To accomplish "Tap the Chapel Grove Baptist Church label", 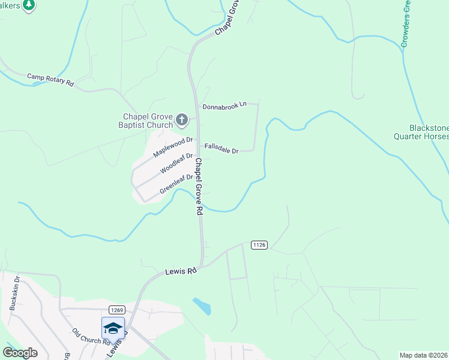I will pyautogui.click(x=148, y=121).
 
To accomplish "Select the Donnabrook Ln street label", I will pyautogui.click(x=224, y=106).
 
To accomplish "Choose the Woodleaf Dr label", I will pyautogui.click(x=176, y=163).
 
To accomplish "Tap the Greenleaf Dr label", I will pyautogui.click(x=176, y=184).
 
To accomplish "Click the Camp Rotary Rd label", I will pyautogui.click(x=50, y=80).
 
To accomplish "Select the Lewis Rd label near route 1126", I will pyautogui.click(x=181, y=272).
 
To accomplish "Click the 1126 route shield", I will pyautogui.click(x=259, y=244).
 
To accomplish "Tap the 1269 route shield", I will pyautogui.click(x=116, y=310).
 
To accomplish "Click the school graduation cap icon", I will pyautogui.click(x=113, y=328).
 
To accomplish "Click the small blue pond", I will pyautogui.click(x=203, y=306).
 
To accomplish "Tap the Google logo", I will pyautogui.click(x=20, y=353).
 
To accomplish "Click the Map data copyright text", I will pyautogui.click(x=424, y=355).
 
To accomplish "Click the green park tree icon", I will pyautogui.click(x=28, y=5).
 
